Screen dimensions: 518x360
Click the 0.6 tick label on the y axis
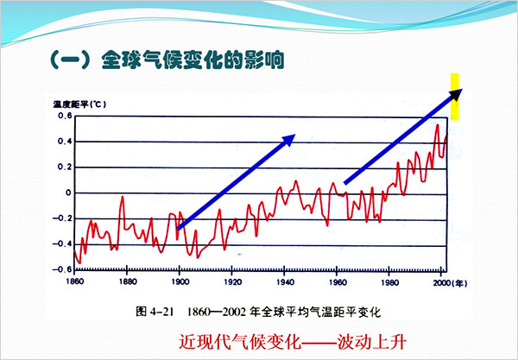click(65, 116)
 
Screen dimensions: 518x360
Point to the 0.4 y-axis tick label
click(65, 142)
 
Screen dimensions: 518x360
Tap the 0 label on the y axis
click(68, 193)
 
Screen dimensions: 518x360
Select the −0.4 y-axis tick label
click(62, 244)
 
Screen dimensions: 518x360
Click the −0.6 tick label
click(62, 269)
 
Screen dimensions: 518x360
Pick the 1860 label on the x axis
click(75, 281)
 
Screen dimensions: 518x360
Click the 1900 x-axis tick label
click(180, 282)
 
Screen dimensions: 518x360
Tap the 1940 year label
click(286, 282)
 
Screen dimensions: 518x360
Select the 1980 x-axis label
click(390, 283)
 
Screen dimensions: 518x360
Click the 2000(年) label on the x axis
click(451, 283)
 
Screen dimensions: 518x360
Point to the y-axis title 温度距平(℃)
click(79, 104)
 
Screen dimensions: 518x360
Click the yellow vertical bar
click(455, 97)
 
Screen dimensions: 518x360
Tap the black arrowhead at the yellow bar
click(458, 93)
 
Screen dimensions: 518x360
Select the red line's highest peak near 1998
click(438, 124)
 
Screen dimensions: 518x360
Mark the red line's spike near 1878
click(123, 197)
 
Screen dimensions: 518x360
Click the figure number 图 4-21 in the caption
click(155, 312)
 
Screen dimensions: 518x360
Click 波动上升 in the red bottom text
click(371, 342)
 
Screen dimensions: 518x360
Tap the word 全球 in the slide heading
click(120, 60)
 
